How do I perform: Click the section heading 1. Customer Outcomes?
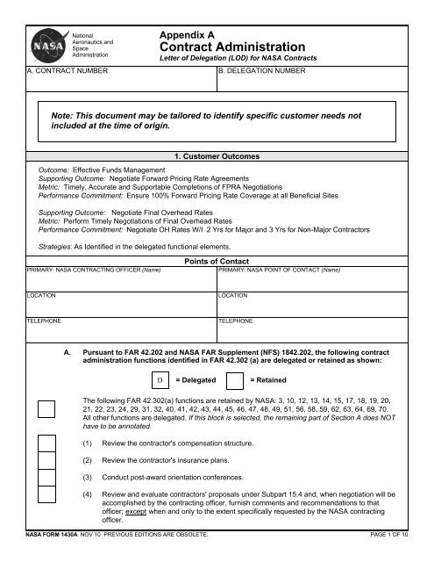(x=217, y=157)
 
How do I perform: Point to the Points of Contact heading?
(x=217, y=261)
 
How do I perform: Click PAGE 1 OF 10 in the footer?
(x=398, y=557)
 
